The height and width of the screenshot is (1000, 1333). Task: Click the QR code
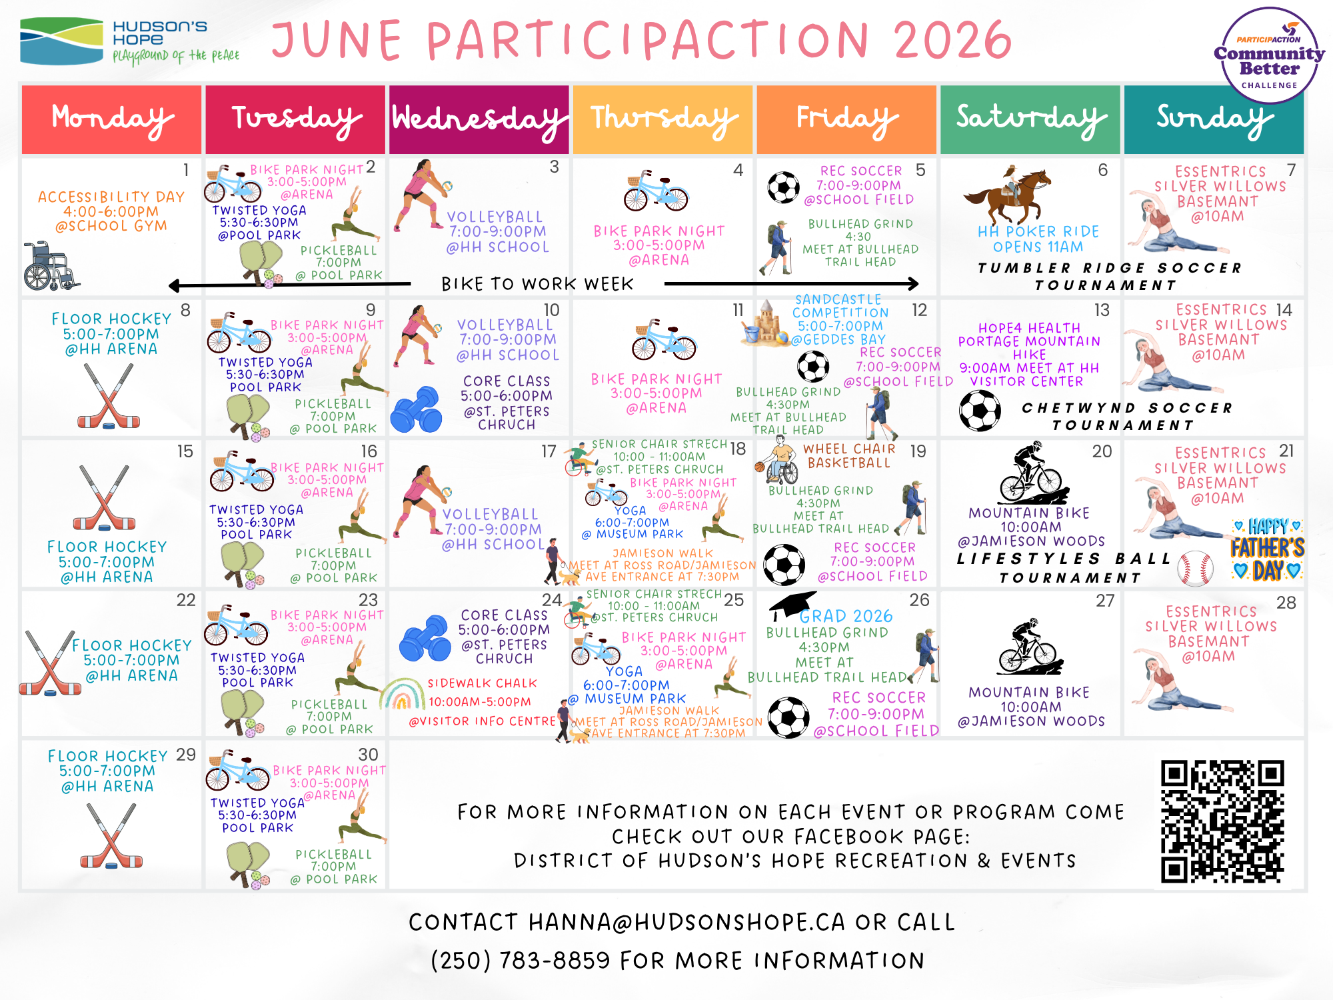1222,821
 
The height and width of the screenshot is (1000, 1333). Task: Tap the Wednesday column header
479,119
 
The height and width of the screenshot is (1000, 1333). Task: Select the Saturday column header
1030,119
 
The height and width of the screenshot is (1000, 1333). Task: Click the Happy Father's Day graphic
1266,548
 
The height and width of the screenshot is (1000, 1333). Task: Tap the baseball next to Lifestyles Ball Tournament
1195,568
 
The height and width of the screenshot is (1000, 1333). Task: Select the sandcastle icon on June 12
764,323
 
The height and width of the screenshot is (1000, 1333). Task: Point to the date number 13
1102,310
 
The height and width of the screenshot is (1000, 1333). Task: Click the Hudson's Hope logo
130,41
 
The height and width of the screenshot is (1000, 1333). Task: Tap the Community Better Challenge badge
1269,55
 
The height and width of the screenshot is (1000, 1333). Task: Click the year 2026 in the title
953,40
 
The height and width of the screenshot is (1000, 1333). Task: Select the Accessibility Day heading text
111,197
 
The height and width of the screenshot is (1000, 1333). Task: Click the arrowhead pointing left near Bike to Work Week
175,286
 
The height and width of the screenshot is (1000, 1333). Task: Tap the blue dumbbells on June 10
416,409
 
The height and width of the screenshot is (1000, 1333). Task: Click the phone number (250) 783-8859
521,961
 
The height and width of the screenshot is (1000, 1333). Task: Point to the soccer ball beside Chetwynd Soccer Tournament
980,410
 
